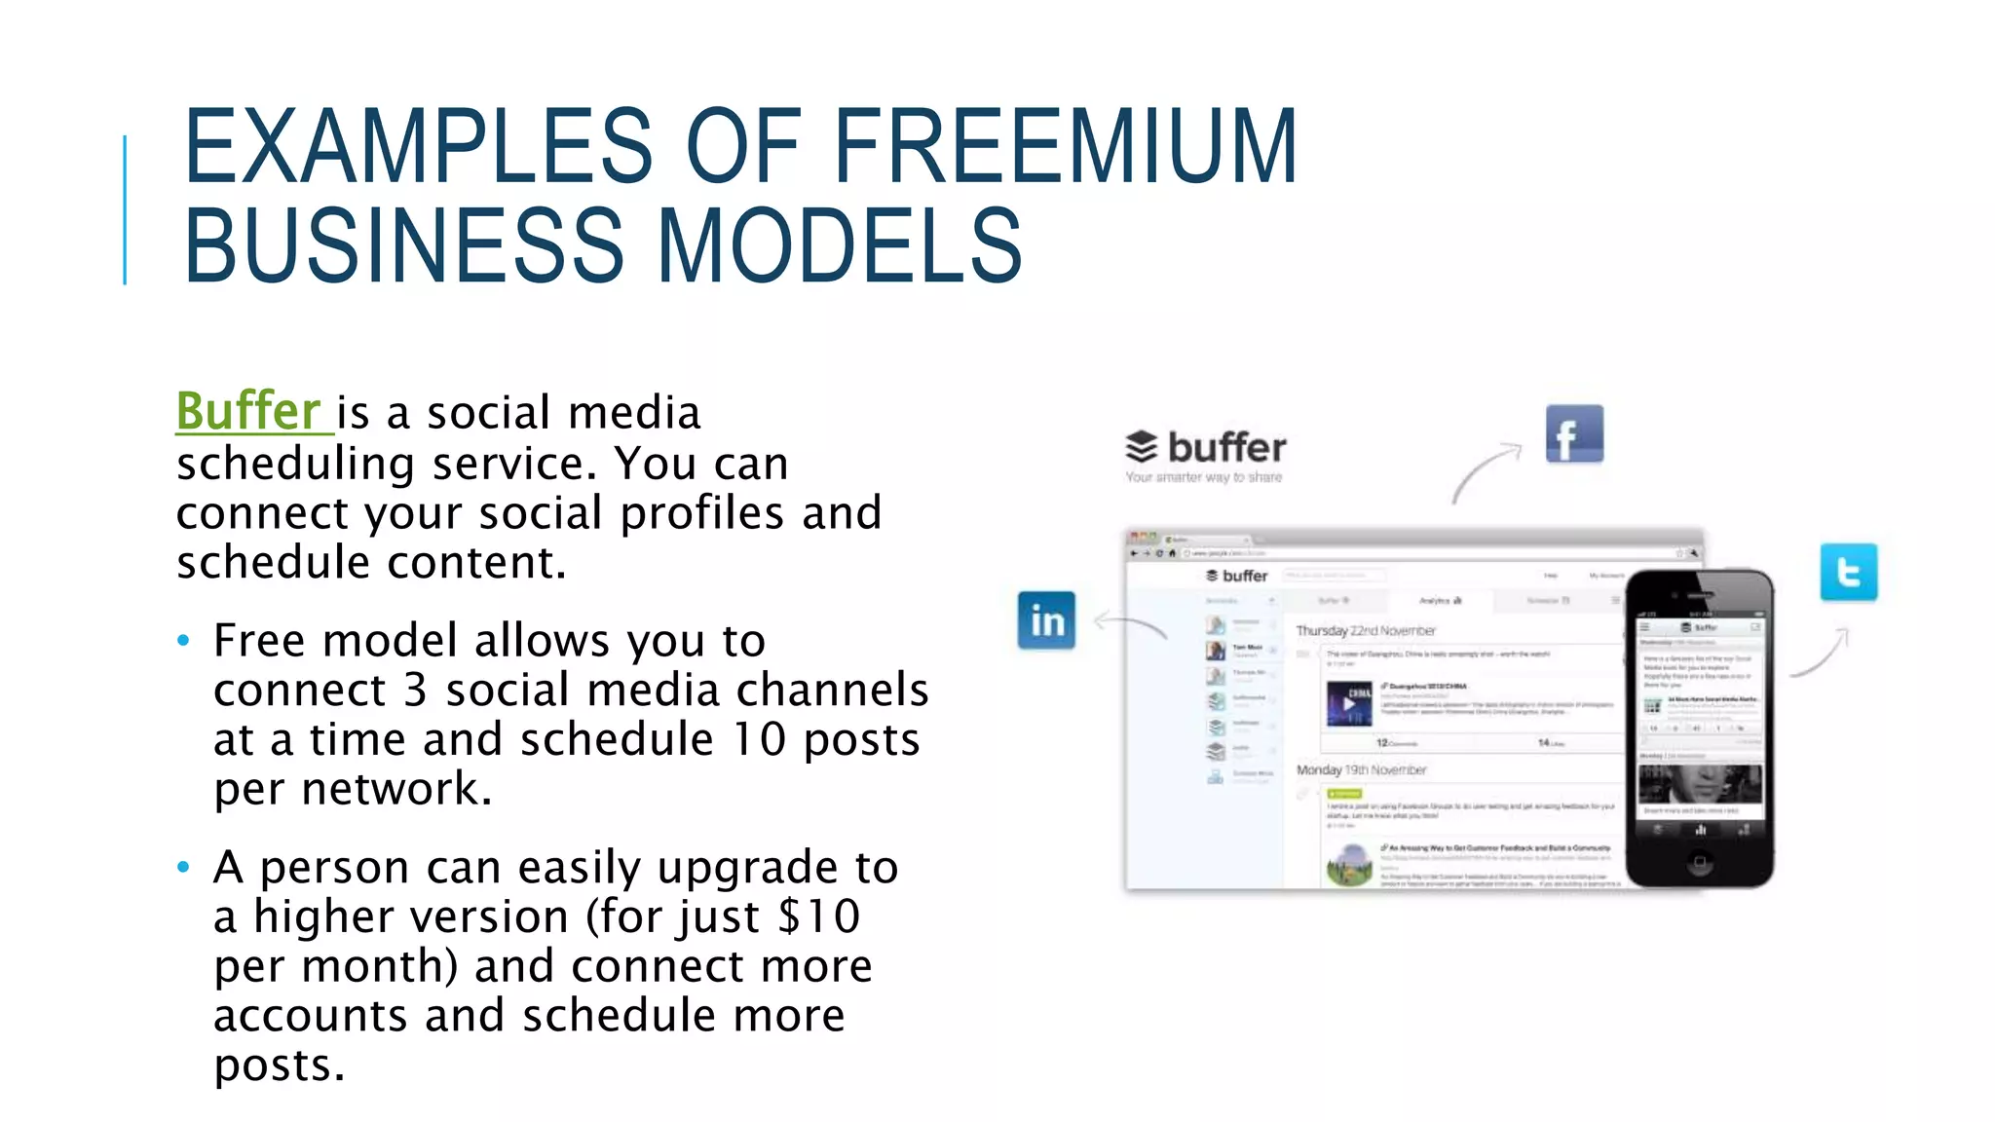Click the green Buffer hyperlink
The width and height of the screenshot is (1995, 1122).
[248, 411]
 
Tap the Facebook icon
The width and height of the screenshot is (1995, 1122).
[1574, 434]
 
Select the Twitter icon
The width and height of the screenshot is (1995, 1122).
[1848, 572]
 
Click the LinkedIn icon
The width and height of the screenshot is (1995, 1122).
[1047, 620]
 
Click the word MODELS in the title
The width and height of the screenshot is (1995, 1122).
[840, 245]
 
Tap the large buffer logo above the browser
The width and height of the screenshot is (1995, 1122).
[1206, 448]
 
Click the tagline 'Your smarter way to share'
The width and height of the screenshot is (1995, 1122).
[1203, 477]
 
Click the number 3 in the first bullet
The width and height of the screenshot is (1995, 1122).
[416, 691]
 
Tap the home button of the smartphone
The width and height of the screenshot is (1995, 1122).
[1700, 862]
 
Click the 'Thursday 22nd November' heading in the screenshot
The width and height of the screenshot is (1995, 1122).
[1366, 631]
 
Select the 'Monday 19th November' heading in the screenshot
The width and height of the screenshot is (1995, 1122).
[1361, 770]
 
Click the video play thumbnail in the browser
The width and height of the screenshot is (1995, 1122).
[1349, 703]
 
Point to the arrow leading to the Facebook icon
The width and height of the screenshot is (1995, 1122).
[1485, 470]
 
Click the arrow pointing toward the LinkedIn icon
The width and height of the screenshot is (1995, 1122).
[1130, 623]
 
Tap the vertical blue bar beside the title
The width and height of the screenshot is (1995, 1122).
[125, 209]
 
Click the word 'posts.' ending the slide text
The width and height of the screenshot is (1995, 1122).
[280, 1066]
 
